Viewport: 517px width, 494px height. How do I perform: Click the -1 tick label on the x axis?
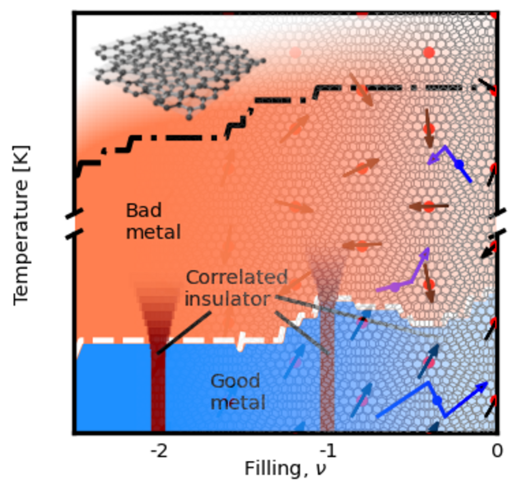(328, 450)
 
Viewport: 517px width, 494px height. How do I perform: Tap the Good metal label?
(237, 392)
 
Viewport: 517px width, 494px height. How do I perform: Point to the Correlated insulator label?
(236, 287)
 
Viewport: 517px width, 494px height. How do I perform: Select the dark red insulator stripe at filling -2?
(158, 387)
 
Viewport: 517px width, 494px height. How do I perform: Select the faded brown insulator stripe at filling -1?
(327, 362)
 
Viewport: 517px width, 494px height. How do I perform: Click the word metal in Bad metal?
(153, 233)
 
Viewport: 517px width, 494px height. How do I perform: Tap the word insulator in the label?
(227, 298)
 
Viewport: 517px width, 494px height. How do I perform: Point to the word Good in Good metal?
(235, 381)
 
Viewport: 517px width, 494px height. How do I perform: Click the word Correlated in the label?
(237, 277)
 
